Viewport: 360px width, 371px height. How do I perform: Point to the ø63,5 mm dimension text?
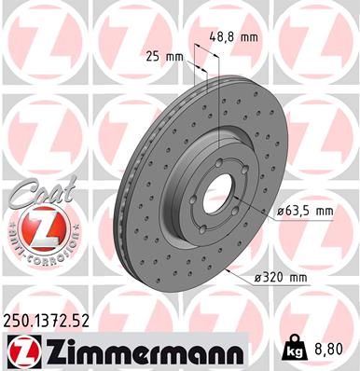click(x=305, y=211)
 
